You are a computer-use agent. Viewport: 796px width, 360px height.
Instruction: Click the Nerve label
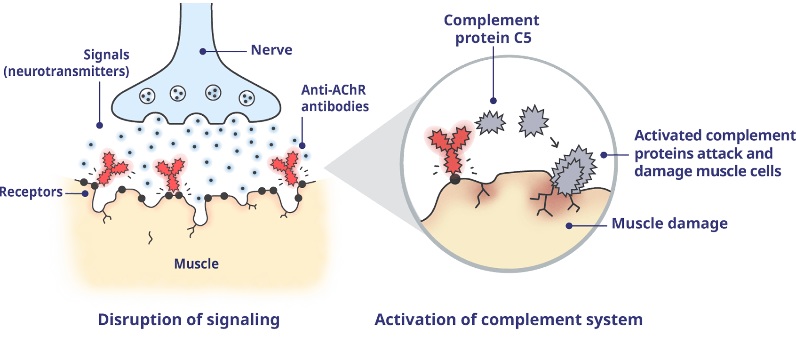click(271, 50)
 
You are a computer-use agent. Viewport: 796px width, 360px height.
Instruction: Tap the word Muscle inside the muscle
click(196, 264)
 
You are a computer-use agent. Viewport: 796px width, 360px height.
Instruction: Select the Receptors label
click(31, 192)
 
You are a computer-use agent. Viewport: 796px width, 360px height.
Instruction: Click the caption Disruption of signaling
click(189, 320)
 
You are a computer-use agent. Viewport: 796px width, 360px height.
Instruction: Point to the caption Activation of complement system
click(508, 320)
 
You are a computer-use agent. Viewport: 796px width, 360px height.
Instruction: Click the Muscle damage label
click(669, 224)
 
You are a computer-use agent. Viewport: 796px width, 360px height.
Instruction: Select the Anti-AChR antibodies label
click(334, 98)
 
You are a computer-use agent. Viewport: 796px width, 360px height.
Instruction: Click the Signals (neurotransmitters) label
click(67, 63)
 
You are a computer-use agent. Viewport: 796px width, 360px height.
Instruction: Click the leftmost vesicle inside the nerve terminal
click(147, 96)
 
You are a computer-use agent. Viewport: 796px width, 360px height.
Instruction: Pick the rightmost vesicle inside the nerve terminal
click(247, 98)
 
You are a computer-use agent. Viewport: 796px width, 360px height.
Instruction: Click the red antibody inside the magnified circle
click(449, 146)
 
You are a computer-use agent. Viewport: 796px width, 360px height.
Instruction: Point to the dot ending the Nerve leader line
click(203, 51)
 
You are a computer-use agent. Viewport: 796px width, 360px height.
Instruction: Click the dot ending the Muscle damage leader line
click(569, 226)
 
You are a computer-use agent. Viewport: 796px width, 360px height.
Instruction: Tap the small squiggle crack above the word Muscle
click(151, 238)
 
